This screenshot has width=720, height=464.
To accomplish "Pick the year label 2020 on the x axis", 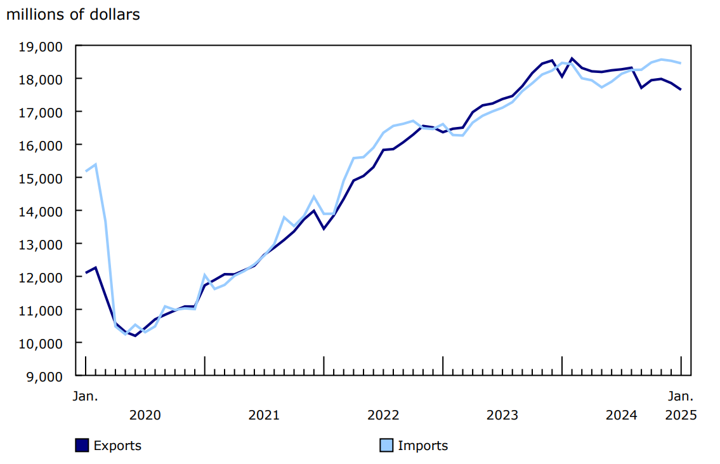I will click(x=145, y=415).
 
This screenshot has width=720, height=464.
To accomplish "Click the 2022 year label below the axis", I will click(x=383, y=415).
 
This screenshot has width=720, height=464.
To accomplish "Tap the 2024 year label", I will click(x=621, y=415).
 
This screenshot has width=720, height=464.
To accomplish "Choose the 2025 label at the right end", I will click(x=681, y=415).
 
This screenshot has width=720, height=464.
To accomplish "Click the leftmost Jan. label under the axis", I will click(x=86, y=396).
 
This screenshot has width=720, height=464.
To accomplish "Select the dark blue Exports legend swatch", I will click(x=82, y=446).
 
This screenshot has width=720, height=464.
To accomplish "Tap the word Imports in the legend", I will click(x=422, y=446).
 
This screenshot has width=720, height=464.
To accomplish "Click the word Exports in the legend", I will click(x=117, y=446).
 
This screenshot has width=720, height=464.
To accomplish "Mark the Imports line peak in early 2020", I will click(x=95, y=164).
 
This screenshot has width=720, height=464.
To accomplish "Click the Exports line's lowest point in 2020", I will click(x=135, y=335).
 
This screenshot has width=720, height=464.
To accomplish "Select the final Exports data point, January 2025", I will click(x=681, y=89).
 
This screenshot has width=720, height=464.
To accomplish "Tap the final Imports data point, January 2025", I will click(x=681, y=63).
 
